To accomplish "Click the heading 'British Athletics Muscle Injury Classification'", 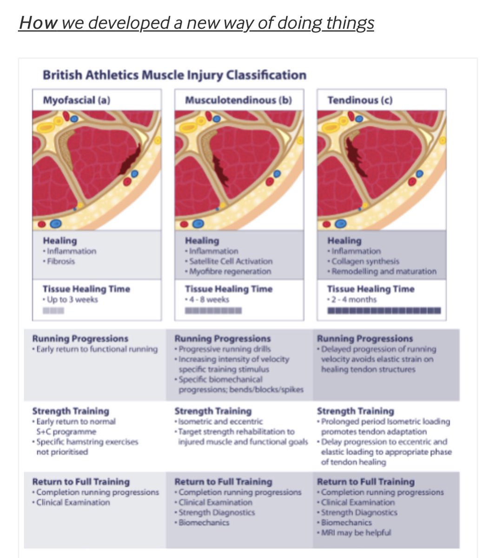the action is [174, 75].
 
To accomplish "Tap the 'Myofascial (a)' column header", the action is [76, 100].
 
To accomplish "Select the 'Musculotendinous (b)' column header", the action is [238, 100].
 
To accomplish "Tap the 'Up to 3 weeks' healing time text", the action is [72, 299].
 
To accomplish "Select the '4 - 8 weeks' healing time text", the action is [209, 299].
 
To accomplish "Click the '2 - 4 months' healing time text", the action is [353, 299].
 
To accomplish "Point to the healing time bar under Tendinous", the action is [384, 310].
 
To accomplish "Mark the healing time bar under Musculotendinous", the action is [213, 310].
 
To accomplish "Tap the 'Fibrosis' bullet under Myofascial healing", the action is [60, 261].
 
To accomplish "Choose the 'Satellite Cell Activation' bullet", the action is [231, 261].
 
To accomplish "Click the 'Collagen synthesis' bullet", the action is [365, 261].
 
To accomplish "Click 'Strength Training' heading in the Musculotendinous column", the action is [213, 411].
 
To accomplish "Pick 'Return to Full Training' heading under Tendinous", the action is [365, 482].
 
